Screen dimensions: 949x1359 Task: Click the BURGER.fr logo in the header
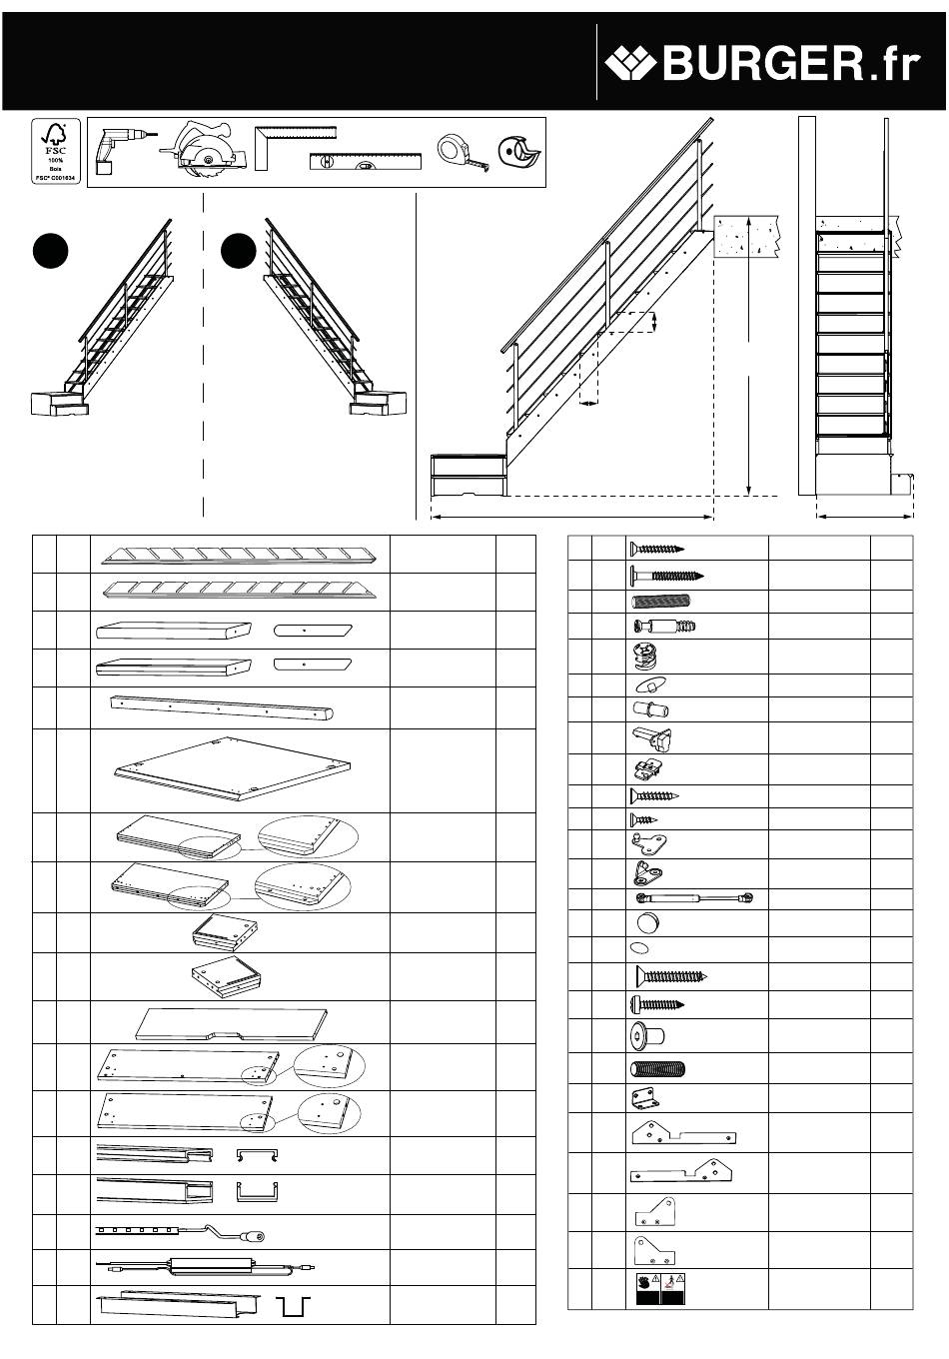[761, 64]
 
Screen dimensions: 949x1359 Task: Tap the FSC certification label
[56, 150]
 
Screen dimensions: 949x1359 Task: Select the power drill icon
[117, 153]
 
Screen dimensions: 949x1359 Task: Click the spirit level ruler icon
[366, 161]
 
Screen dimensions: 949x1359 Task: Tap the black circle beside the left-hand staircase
[49, 251]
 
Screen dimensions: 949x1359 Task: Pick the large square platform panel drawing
[235, 770]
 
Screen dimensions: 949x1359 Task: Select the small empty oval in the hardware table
[639, 948]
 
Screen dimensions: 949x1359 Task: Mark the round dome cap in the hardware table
[646, 922]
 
